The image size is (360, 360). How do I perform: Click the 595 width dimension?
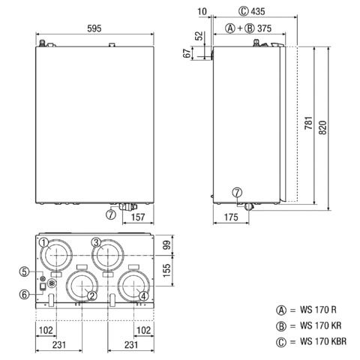[94, 28]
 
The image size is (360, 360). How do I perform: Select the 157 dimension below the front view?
[138, 217]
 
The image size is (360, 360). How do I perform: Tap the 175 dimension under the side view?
[231, 217]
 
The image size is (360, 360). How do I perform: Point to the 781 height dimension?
[309, 122]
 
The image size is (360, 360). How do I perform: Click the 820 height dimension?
[322, 127]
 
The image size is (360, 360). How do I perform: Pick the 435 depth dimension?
[258, 11]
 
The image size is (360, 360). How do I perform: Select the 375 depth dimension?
[264, 28]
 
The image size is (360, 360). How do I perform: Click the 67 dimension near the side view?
[187, 53]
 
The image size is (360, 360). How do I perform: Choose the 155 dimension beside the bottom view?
[166, 270]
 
